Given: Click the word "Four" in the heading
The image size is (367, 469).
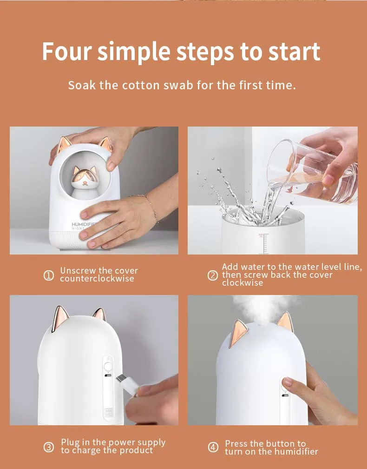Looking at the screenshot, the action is [66, 51].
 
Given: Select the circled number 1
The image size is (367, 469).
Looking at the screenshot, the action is [49, 275].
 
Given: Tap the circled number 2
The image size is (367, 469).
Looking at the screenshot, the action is [212, 275].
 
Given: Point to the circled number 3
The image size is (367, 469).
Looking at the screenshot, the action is [49, 447].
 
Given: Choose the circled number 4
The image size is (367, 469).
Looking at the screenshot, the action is [213, 448].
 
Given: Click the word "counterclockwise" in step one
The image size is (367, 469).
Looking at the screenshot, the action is [97, 279].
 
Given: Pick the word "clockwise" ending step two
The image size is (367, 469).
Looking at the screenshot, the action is [242, 283].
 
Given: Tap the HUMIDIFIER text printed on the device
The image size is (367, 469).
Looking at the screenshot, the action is [84, 224].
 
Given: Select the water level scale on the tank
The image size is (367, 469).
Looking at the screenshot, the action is [263, 244].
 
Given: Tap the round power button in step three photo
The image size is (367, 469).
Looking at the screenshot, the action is [107, 366].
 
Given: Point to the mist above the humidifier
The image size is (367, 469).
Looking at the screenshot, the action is [263, 309].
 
